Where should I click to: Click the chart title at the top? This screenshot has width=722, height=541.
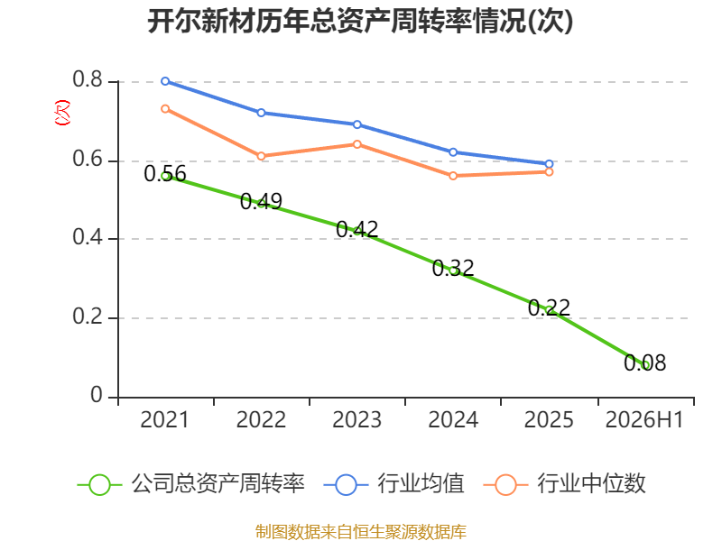point(360,21)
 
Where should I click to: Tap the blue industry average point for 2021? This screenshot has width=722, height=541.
point(165,81)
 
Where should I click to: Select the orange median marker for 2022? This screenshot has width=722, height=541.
point(261,156)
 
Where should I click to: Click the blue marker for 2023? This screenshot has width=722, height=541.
point(357,124)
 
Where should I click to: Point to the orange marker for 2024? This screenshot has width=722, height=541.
point(453,176)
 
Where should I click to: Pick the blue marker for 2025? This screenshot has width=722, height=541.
point(549,164)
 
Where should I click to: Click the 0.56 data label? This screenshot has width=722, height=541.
point(165,174)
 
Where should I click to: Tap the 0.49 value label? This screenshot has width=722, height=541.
point(261,201)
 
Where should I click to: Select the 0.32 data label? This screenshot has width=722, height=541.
point(453,268)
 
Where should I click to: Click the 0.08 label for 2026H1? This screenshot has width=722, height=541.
point(645,362)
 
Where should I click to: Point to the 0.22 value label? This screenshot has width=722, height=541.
point(549,307)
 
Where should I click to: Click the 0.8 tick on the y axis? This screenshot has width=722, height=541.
point(88,79)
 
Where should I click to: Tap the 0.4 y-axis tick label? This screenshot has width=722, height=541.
point(88,237)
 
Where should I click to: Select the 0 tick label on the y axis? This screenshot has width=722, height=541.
point(97,395)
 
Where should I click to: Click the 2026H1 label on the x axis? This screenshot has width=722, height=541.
point(644,420)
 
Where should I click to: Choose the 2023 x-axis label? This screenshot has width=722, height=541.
point(357,420)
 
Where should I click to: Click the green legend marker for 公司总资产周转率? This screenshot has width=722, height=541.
point(99,485)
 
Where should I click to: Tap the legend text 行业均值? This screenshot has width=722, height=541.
point(421,484)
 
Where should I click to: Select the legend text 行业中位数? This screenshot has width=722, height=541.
point(592,484)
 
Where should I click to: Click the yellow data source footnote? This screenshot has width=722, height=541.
point(361,532)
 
